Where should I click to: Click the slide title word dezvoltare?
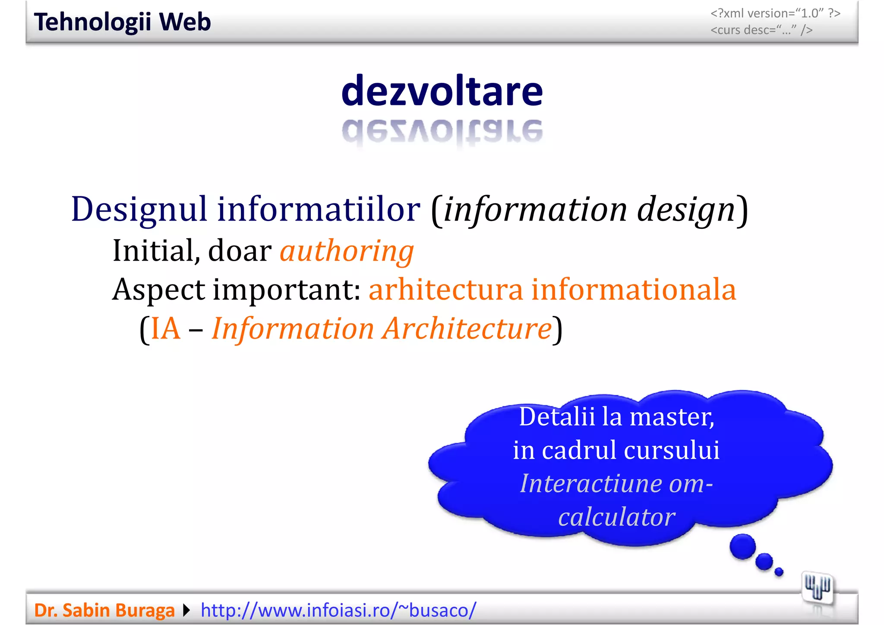point(442,91)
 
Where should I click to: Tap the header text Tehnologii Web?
point(123,22)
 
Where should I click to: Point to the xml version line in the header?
point(775,13)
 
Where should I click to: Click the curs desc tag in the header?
point(761,30)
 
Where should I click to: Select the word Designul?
point(139,210)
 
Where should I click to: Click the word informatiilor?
point(319,210)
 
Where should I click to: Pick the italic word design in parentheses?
point(686,210)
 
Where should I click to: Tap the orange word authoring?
point(347,251)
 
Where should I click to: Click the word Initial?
point(156,251)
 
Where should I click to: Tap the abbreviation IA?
point(166,329)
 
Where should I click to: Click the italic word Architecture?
point(468,329)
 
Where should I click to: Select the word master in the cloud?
point(672,417)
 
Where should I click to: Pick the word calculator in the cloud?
point(616,517)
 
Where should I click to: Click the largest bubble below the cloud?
point(742,546)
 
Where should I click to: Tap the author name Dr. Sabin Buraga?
point(104,610)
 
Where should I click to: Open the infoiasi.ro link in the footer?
point(338,610)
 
